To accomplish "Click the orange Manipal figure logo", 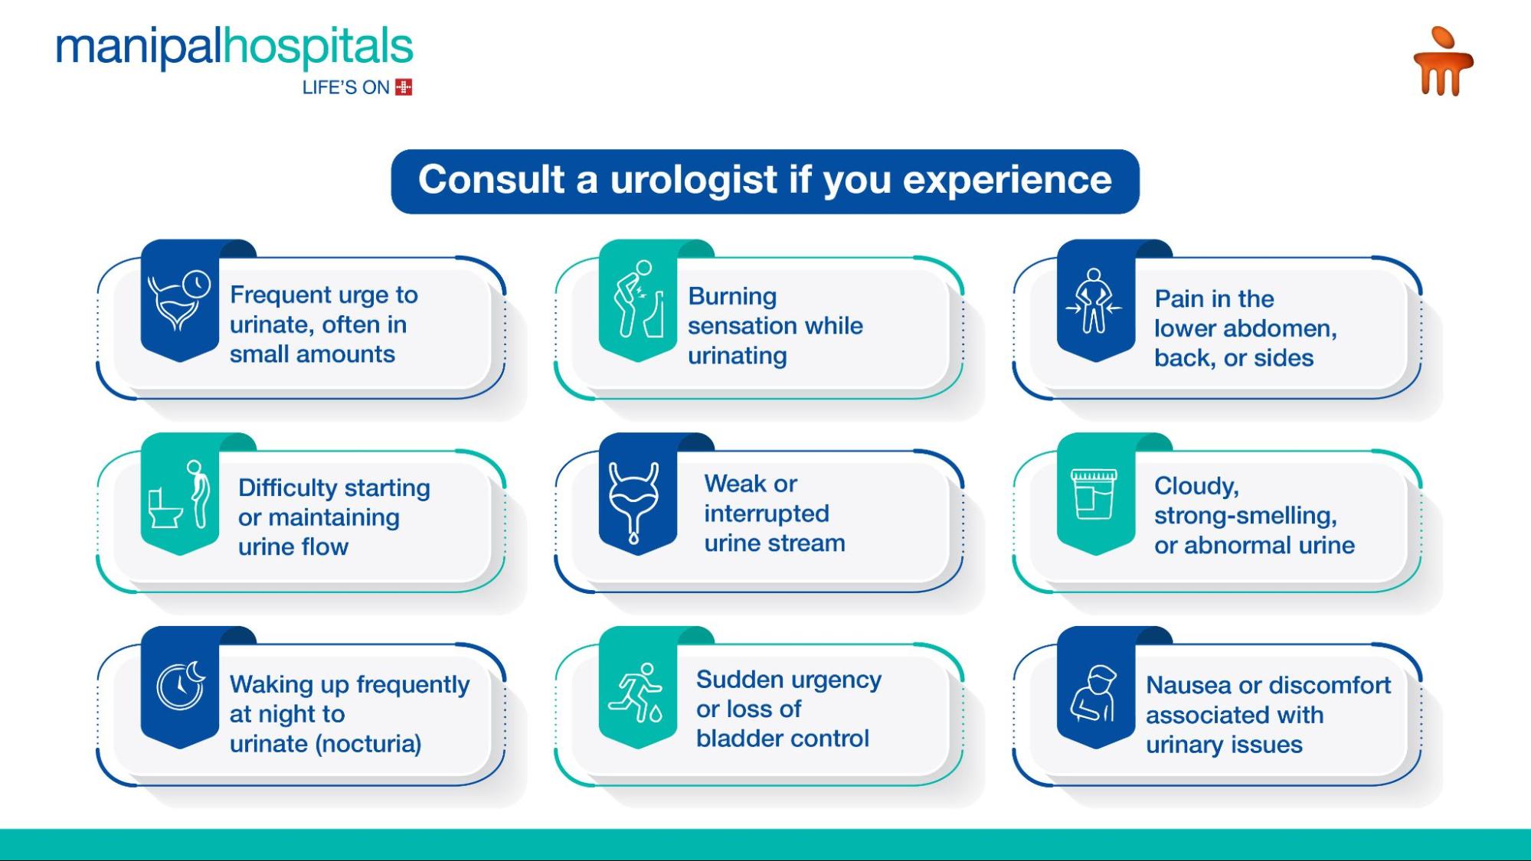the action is pos(1443,61).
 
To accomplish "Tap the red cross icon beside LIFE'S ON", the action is pos(404,87).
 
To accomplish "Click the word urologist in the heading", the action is pos(693,181).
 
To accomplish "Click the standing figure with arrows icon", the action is pos(1094,301).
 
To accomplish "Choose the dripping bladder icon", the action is pos(633,501).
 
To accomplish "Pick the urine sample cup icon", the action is pos(1094,494).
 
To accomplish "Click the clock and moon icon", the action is pos(182,685).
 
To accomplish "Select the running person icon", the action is pos(636,693).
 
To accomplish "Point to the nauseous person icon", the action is pos(1094,693).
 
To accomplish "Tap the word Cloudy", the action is pos(1196,486).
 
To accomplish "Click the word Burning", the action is pos(732,297).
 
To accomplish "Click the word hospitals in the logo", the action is pos(318,47).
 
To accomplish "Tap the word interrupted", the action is pos(767,514).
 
